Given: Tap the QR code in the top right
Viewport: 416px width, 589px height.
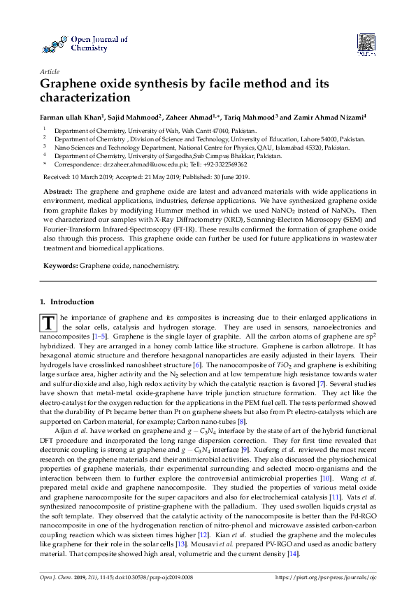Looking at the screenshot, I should click(x=366, y=44).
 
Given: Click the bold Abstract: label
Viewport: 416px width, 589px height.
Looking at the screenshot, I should click(x=58, y=191).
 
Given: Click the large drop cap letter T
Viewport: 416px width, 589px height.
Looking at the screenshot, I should click(x=48, y=324).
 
